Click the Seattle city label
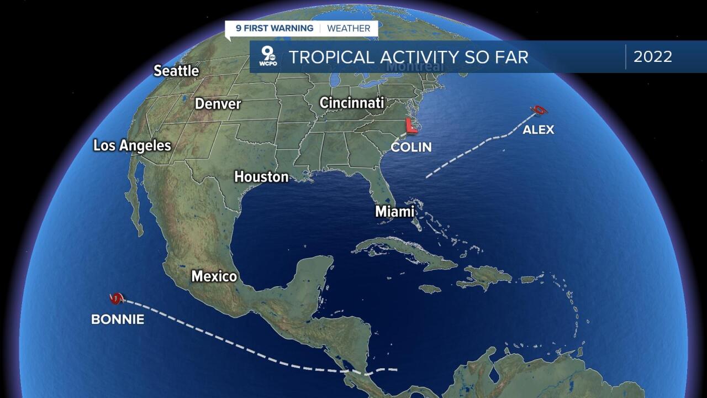[176, 71]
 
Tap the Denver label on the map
[218, 103]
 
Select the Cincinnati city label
[351, 103]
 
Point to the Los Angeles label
[132, 145]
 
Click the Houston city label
[261, 177]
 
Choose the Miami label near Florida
[394, 212]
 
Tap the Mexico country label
[214, 276]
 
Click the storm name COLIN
[411, 147]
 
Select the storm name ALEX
[538, 130]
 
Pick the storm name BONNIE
[118, 320]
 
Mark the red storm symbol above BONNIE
[116, 299]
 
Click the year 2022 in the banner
[652, 56]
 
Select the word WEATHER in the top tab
[349, 28]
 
